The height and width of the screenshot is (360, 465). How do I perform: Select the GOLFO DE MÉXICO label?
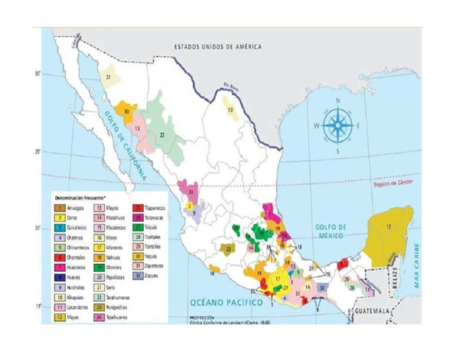tap(331, 231)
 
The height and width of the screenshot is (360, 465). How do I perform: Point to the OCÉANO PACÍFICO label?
tap(226, 302)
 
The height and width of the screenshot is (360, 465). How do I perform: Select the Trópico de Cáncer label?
tap(389, 184)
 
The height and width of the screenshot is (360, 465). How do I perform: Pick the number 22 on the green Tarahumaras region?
tap(162, 135)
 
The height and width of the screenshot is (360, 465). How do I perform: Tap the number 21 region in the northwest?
tap(108, 78)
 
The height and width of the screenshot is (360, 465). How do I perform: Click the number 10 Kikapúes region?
tap(230, 110)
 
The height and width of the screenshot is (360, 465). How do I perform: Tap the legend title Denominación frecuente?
tap(80, 198)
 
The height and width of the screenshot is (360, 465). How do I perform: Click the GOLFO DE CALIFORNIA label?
tap(125, 143)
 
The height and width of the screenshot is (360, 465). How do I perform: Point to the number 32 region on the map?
tap(322, 287)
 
